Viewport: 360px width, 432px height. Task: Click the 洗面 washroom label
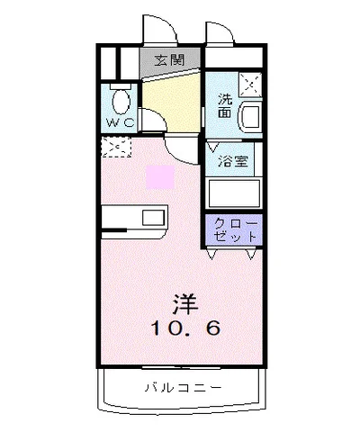click(224, 106)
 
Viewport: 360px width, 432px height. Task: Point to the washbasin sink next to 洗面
click(249, 116)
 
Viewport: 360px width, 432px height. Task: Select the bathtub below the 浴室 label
click(234, 193)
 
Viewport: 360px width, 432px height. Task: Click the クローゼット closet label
click(236, 229)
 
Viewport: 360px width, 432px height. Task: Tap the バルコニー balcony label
click(181, 389)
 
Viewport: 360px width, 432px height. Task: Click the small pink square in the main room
click(160, 175)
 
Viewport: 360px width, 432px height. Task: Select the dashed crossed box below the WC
click(116, 145)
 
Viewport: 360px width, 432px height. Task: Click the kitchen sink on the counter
click(152, 219)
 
